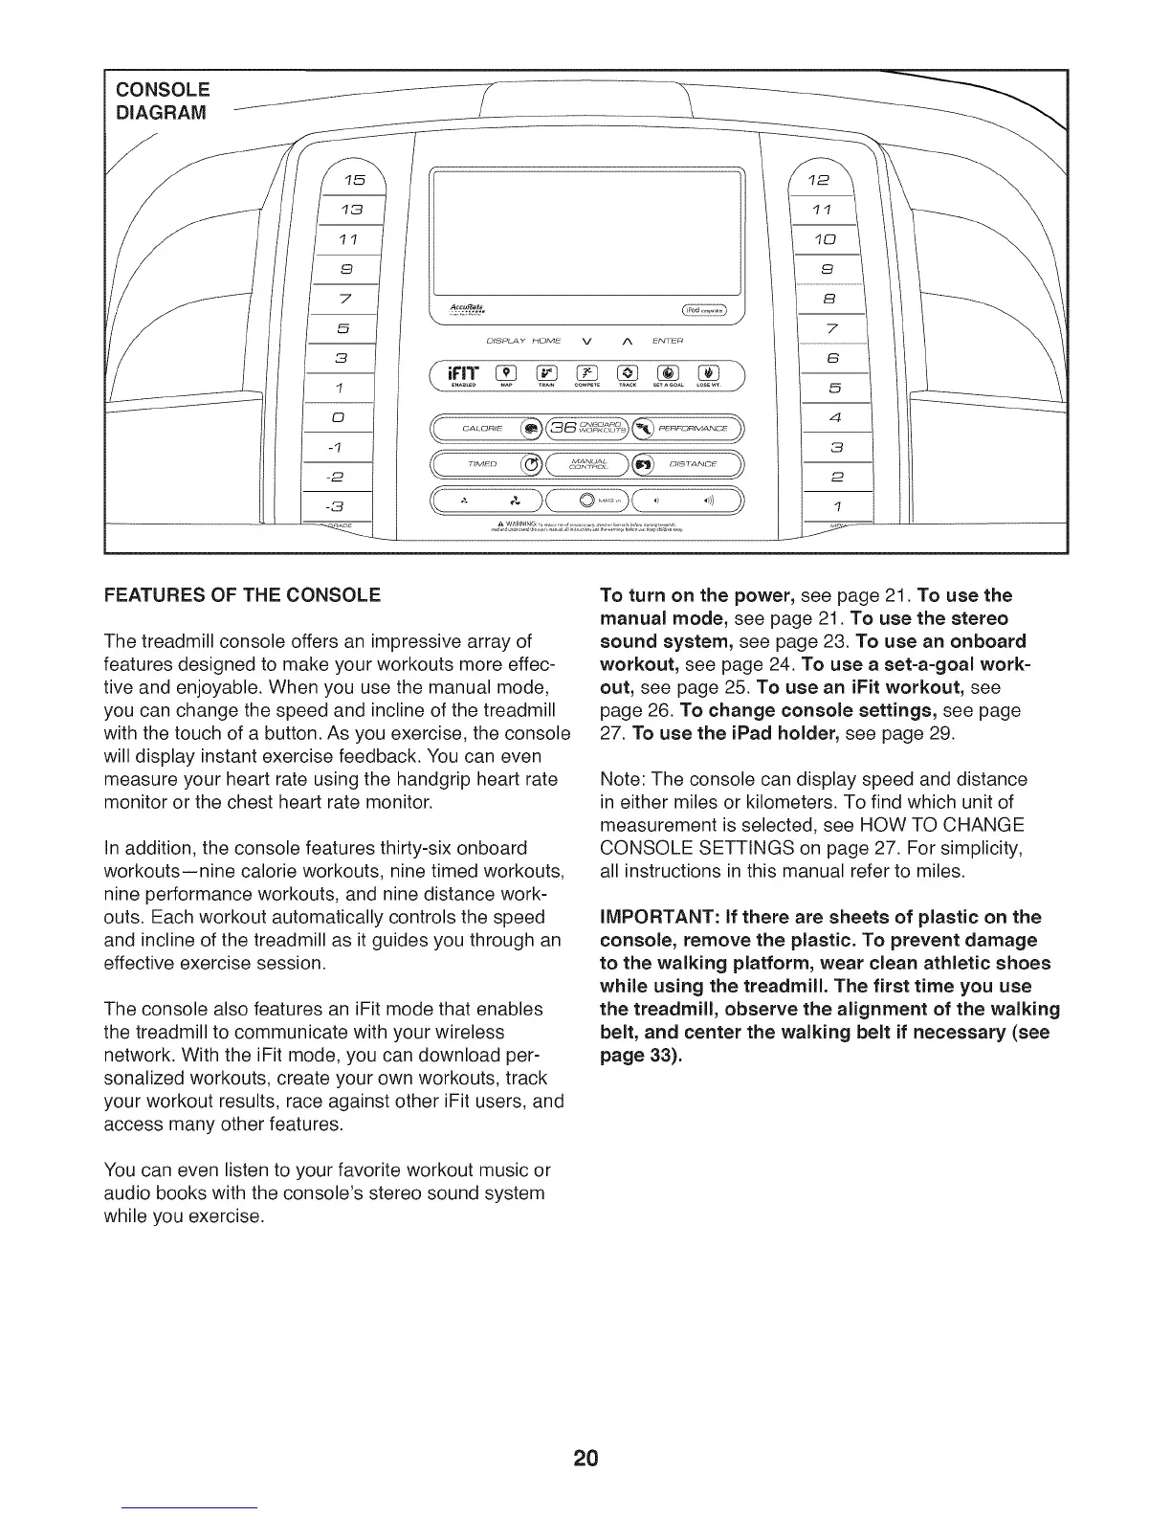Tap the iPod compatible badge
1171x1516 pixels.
pos(704,308)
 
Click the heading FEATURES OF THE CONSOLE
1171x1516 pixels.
pos(242,594)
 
